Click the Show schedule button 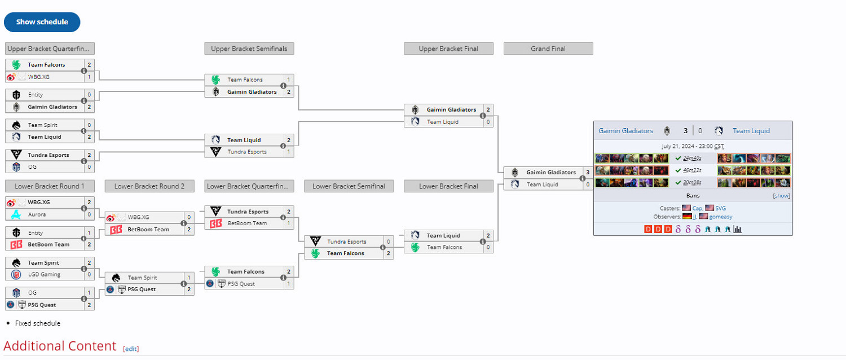pyautogui.click(x=42, y=22)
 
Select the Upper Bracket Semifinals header pyautogui.click(x=249, y=49)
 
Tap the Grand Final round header pyautogui.click(x=548, y=49)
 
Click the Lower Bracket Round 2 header pyautogui.click(x=149, y=186)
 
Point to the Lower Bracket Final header pyautogui.click(x=448, y=186)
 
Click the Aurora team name pyautogui.click(x=37, y=214)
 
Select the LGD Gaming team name pyautogui.click(x=44, y=275)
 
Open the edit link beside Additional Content pyautogui.click(x=131, y=349)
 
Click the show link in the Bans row pyautogui.click(x=781, y=196)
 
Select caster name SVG pyautogui.click(x=720, y=208)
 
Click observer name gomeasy pyautogui.click(x=721, y=217)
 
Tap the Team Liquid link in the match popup pyautogui.click(x=751, y=131)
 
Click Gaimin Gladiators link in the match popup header pyautogui.click(x=625, y=131)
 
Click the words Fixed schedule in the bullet pyautogui.click(x=38, y=323)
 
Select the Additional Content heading pyautogui.click(x=60, y=346)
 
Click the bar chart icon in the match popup pyautogui.click(x=737, y=229)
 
